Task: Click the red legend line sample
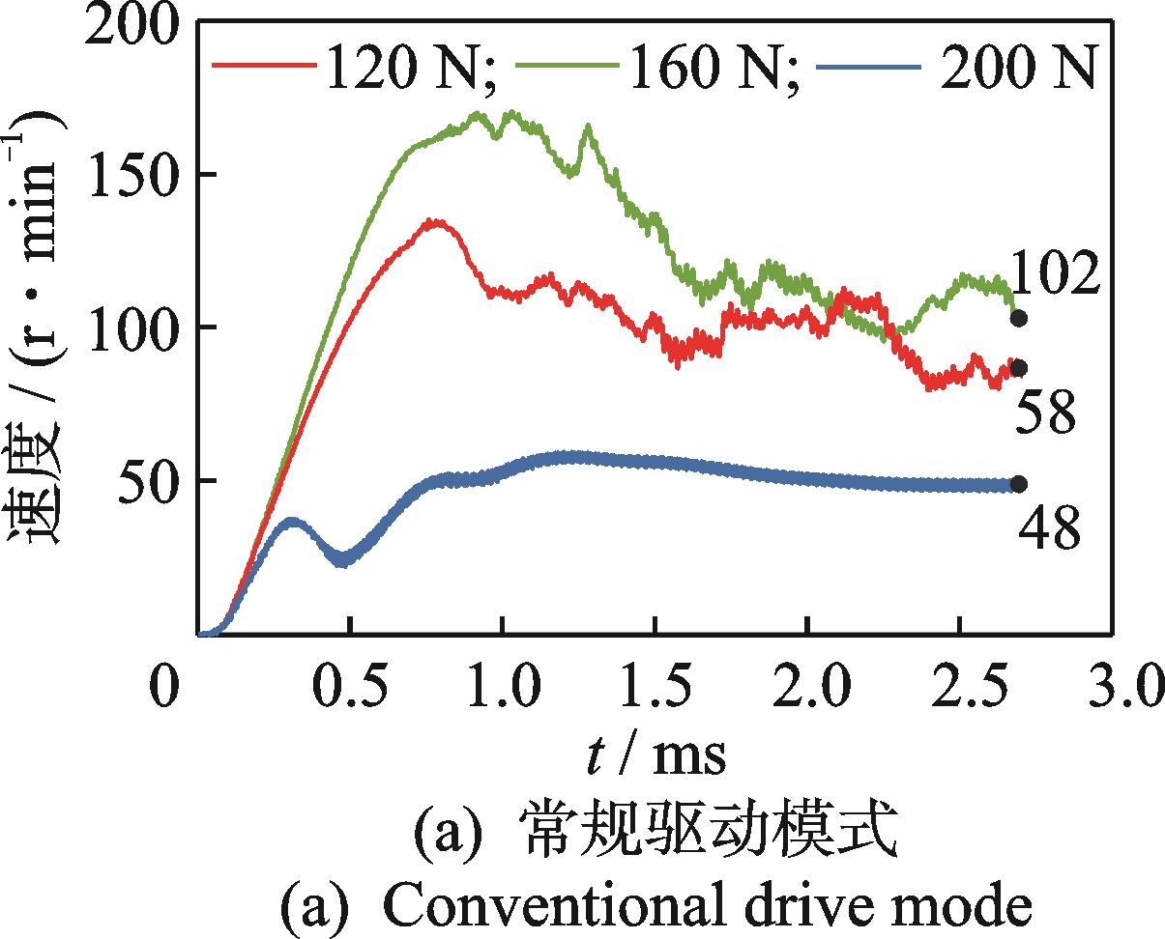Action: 263,66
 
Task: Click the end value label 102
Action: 1056,274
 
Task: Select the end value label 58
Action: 1046,413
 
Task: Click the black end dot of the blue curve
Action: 1018,484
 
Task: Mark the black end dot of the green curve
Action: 1018,318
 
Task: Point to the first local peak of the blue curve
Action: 293,523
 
